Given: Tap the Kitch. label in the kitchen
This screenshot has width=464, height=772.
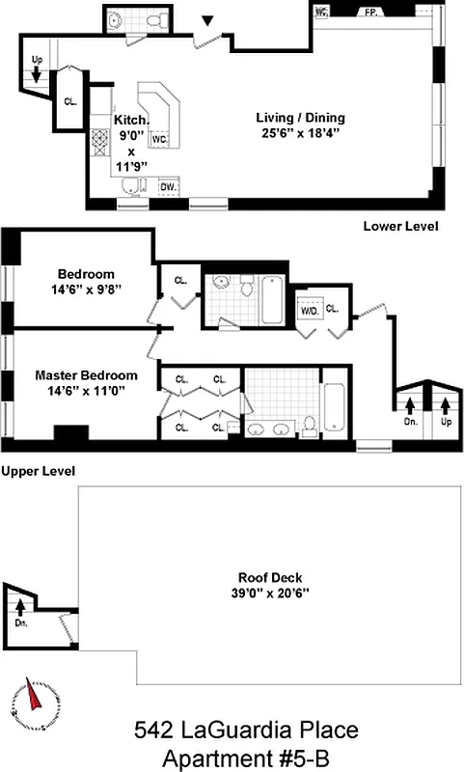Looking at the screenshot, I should pyautogui.click(x=131, y=120).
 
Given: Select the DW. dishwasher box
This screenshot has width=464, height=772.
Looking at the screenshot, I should pyautogui.click(x=168, y=186).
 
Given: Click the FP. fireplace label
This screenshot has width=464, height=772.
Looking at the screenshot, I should pyautogui.click(x=369, y=13).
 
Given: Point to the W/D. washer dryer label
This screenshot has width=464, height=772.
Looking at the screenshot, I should pyautogui.click(x=310, y=311).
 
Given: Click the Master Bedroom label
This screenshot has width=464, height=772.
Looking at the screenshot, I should pyautogui.click(x=86, y=375).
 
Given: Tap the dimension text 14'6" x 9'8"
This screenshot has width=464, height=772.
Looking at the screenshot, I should pyautogui.click(x=86, y=289).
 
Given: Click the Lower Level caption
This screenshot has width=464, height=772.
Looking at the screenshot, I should pyautogui.click(x=400, y=227).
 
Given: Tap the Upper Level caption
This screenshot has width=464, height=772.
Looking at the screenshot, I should pyautogui.click(x=39, y=470).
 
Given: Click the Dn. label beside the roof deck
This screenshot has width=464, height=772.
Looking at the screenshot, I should pyautogui.click(x=21, y=623).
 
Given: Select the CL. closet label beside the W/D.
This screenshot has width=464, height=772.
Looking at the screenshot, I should pyautogui.click(x=332, y=309).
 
